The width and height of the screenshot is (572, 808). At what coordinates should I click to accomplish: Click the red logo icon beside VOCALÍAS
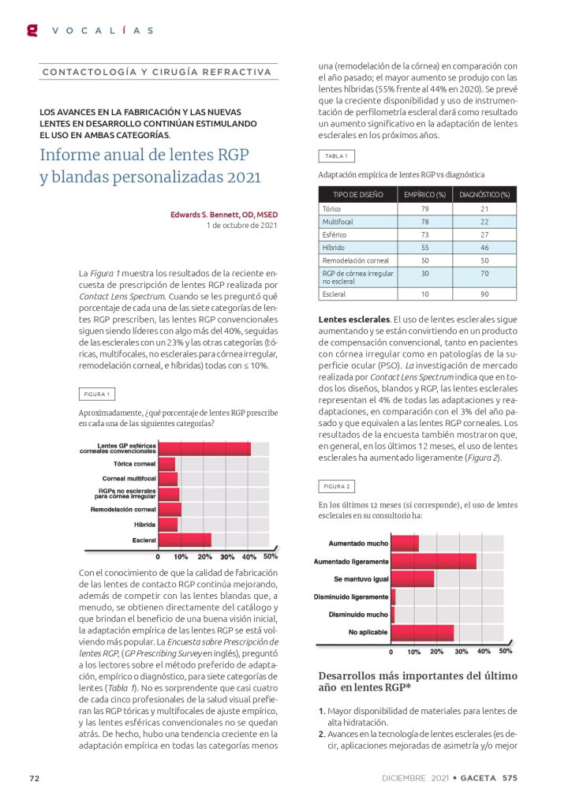(32, 30)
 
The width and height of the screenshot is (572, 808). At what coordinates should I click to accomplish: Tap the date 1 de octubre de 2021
(241, 226)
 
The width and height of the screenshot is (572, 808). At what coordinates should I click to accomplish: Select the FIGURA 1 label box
(97, 394)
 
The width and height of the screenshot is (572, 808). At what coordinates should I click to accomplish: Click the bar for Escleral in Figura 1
(185, 540)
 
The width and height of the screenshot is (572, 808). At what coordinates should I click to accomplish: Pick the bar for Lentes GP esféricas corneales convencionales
(204, 449)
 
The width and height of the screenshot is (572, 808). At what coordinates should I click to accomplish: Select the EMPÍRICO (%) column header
(424, 193)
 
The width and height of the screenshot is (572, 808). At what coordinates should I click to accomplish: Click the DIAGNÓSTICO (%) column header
(484, 193)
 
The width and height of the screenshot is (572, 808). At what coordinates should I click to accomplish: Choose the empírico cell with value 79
(424, 208)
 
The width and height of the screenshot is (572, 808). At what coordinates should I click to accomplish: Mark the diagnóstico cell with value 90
(484, 294)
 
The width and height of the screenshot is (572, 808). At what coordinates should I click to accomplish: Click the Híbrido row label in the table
(335, 247)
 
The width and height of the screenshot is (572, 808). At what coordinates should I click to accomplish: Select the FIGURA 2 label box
(336, 486)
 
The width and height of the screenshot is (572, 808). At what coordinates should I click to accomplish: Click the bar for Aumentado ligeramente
(433, 561)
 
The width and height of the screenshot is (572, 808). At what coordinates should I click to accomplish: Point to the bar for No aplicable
(422, 632)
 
